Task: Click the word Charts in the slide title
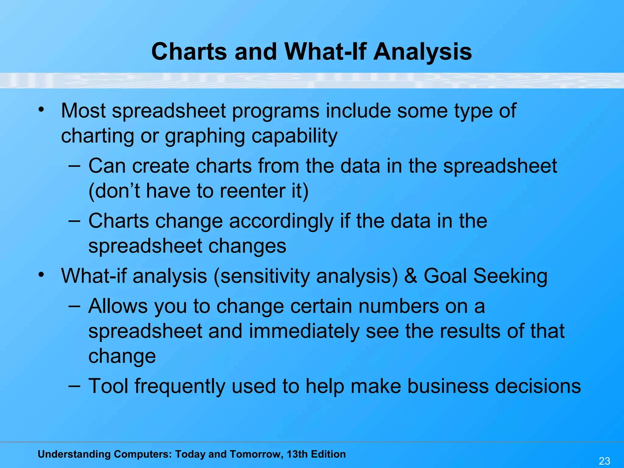point(189,51)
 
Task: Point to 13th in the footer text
point(297,454)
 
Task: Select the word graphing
point(205,136)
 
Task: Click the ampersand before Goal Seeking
point(411,276)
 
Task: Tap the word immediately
point(304,331)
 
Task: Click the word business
point(448,386)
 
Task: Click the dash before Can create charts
point(74,166)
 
